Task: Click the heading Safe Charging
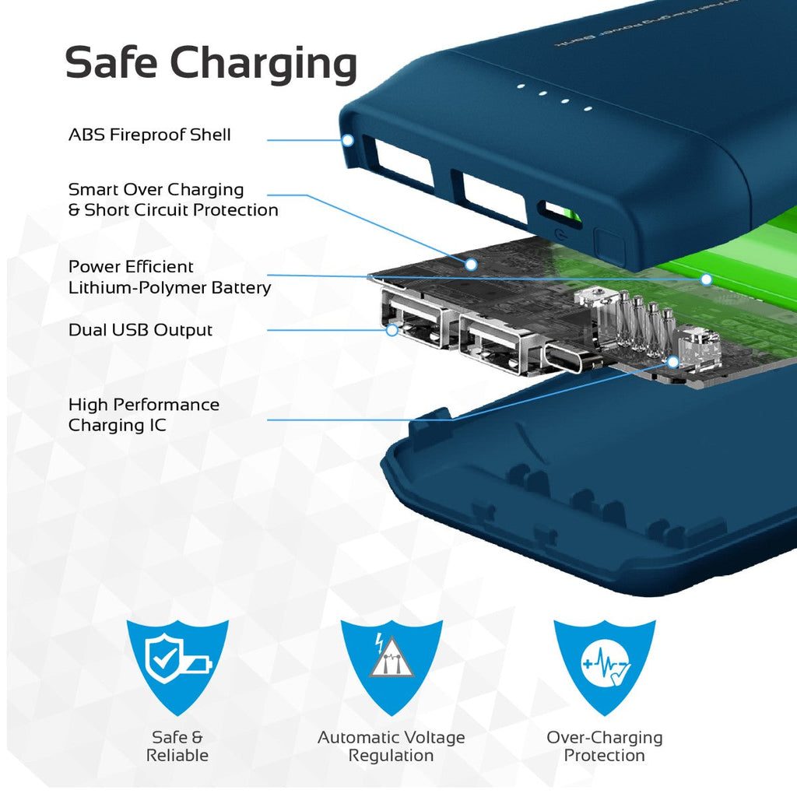[x=211, y=62]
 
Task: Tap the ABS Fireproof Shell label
[x=149, y=135]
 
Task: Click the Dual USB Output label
[x=140, y=330]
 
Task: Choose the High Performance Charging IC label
[x=144, y=415]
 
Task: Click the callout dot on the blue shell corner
[x=348, y=141]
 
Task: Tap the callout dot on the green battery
[x=706, y=279]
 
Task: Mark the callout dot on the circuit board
[x=471, y=265]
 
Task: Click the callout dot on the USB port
[x=392, y=330]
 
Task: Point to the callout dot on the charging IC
[x=672, y=363]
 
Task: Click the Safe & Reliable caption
[x=177, y=746]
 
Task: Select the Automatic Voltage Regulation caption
[x=391, y=746]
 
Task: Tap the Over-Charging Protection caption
[x=605, y=746]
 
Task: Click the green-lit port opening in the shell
[x=559, y=212]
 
